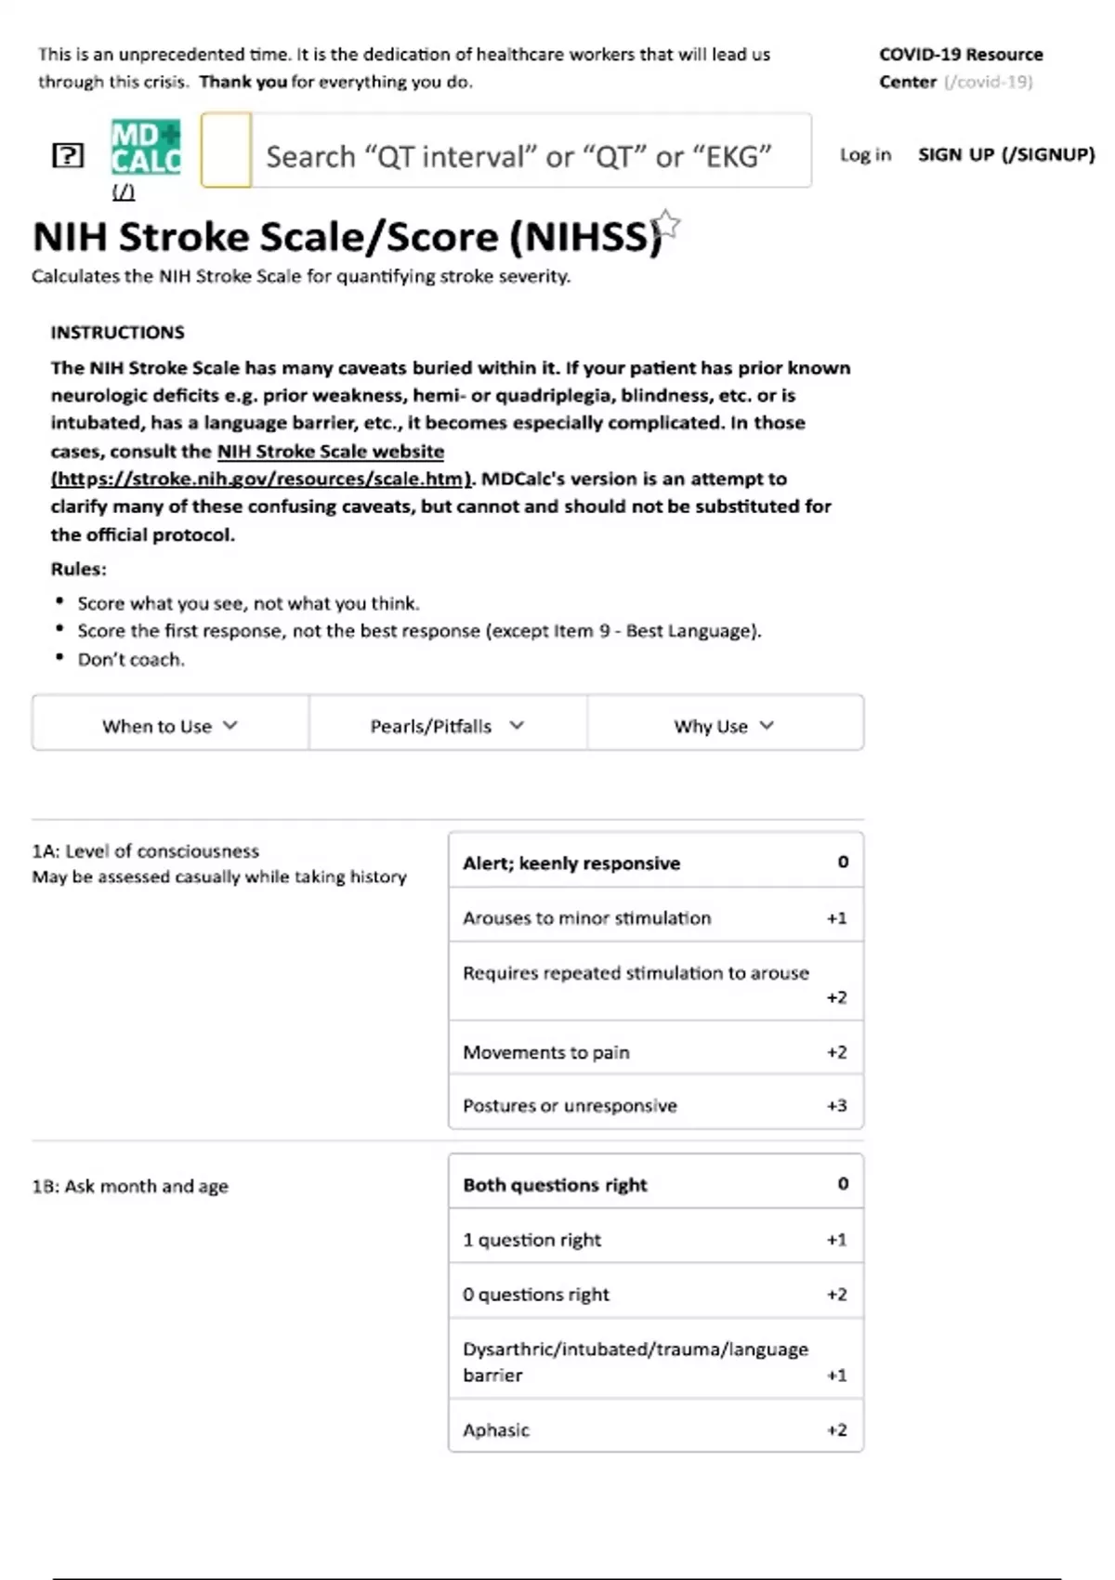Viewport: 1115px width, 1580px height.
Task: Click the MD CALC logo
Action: point(146,149)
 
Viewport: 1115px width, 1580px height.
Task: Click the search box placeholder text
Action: point(518,156)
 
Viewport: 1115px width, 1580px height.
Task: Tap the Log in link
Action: point(865,154)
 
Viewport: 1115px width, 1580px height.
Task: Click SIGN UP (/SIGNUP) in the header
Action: point(1006,154)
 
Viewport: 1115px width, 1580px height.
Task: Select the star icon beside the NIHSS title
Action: point(666,225)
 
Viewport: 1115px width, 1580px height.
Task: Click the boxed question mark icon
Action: point(68,155)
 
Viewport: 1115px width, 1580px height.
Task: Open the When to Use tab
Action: point(170,726)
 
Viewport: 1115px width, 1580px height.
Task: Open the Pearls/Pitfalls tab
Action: point(447,726)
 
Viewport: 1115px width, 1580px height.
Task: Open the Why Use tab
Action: point(724,726)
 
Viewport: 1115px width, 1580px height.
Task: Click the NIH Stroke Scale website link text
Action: point(330,452)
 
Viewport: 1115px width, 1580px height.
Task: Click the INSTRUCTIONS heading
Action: point(117,333)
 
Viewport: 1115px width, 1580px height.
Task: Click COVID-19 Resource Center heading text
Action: point(960,55)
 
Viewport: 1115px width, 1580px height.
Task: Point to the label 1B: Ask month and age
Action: point(130,1186)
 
